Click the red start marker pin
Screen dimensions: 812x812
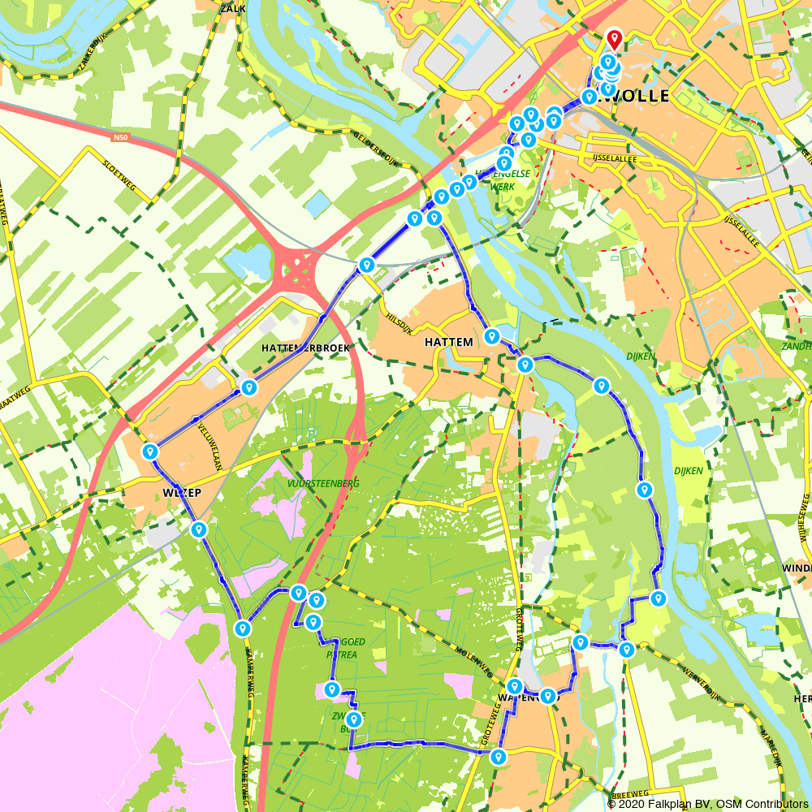(x=614, y=39)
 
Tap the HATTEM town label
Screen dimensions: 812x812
(x=448, y=343)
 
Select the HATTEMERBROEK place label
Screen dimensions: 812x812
(x=305, y=348)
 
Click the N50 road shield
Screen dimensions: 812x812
(x=121, y=137)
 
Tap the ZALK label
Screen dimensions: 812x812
(x=232, y=8)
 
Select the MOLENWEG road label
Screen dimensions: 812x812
(x=475, y=663)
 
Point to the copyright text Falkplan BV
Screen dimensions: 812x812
(x=675, y=804)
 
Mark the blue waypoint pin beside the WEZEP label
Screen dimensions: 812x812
(x=149, y=451)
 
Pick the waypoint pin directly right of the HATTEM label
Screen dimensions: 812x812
(x=491, y=336)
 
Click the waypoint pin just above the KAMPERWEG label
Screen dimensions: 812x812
(x=242, y=628)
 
